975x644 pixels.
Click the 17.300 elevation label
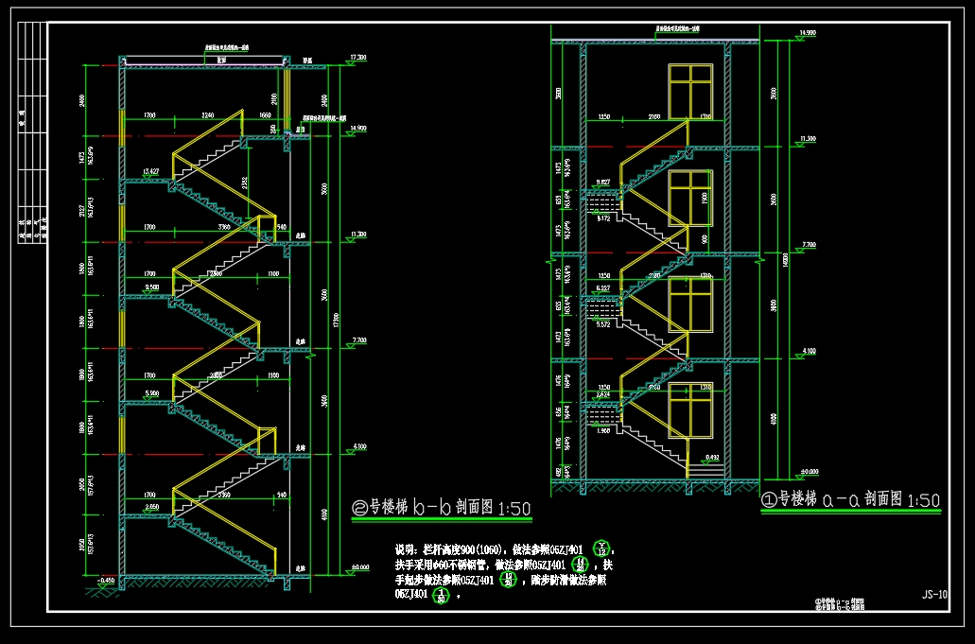357,59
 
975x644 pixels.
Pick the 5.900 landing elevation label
150,393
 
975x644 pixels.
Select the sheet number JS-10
934,595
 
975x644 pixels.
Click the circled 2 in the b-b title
358,509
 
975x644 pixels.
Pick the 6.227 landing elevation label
603,287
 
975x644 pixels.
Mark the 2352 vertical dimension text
244,184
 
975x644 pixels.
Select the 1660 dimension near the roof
265,115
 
